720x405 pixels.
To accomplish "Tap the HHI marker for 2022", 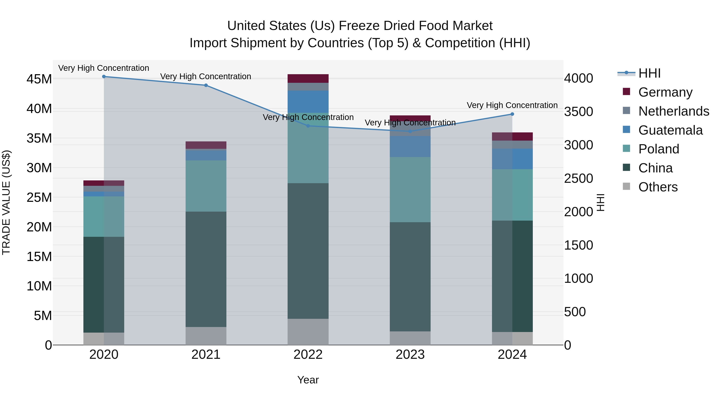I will [308, 126].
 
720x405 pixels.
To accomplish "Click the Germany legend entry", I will [665, 92].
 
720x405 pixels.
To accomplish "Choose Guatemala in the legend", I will [670, 130].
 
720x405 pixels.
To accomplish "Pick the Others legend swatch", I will [626, 186].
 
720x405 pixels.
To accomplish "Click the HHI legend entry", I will [649, 73].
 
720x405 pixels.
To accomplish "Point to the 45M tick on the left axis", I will [39, 79].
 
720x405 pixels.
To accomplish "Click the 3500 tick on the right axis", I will [578, 112].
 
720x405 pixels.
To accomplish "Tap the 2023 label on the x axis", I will [410, 355].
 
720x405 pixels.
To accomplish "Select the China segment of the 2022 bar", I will [308, 251].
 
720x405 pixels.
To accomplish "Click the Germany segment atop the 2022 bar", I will [308, 79].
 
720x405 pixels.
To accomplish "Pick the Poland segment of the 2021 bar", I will [206, 186].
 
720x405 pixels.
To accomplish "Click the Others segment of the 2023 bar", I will [410, 338].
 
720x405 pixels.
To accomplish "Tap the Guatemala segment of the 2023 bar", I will [410, 146].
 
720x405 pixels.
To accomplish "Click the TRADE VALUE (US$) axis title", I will [6, 202].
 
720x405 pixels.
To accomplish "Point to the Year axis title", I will [308, 380].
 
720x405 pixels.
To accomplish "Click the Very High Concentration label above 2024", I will [512, 105].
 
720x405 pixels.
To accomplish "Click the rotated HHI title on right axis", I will [601, 202].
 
